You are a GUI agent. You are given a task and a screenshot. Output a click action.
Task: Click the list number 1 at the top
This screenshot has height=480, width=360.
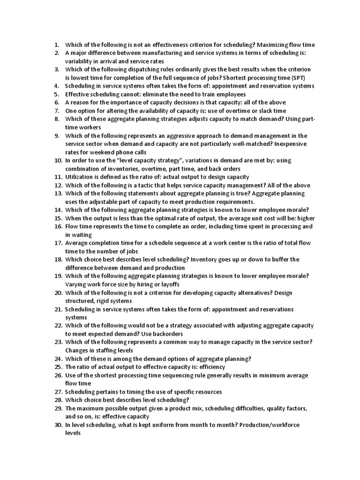click(57, 45)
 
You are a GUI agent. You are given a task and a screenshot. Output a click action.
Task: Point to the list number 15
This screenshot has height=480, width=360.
click(58, 218)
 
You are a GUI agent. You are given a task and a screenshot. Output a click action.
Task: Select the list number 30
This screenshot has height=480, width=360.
click(58, 425)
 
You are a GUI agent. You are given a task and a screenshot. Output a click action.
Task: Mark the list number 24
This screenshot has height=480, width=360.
click(58, 359)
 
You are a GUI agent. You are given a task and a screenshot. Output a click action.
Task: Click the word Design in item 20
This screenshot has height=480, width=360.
click(282, 293)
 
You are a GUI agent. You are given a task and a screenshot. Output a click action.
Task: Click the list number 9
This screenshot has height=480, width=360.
click(57, 136)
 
